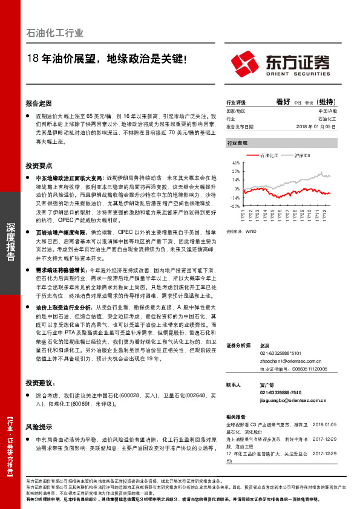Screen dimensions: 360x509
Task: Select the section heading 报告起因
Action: pos(39,103)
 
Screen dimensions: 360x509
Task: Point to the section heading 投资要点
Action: pos(39,165)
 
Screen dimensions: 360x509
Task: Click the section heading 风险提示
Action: pos(39,426)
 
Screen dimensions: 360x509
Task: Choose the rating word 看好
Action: pos(283,102)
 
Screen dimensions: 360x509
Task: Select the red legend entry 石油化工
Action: pos(269,156)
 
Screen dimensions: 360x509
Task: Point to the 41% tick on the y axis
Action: pos(235,163)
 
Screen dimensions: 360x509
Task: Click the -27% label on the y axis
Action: pos(235,206)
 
